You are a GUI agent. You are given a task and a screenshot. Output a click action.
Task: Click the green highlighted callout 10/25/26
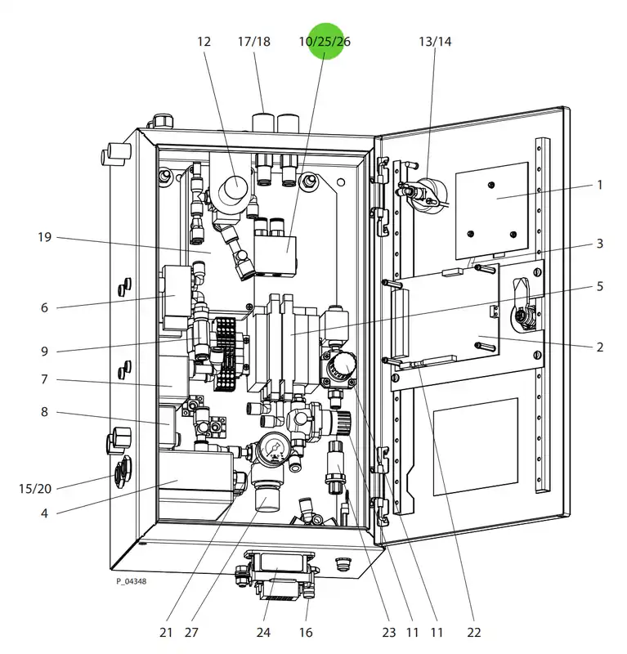pos(325,42)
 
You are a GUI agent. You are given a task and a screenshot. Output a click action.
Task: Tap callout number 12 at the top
pos(204,42)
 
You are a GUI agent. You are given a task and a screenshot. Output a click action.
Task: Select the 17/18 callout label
pos(254,42)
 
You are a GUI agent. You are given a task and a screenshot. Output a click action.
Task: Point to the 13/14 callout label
pos(435,42)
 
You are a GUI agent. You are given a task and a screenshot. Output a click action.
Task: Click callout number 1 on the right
pos(600,185)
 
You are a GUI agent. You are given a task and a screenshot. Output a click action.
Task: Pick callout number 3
pos(600,243)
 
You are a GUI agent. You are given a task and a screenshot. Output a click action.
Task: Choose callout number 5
pos(600,286)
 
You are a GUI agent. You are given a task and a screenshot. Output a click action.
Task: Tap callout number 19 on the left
pos(45,237)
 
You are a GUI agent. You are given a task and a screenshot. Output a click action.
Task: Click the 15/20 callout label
pos(35,488)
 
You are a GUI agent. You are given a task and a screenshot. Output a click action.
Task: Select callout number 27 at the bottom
pos(191,632)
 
